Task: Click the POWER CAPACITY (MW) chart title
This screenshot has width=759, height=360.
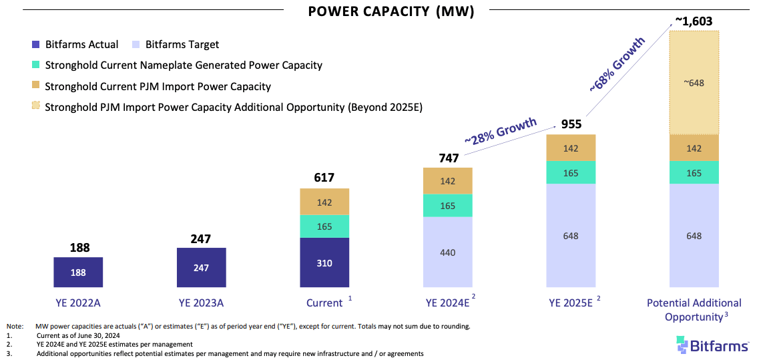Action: pos(391,12)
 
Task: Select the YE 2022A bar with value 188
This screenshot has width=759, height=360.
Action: pos(77,273)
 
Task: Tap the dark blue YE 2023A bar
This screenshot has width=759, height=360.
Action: pos(201,268)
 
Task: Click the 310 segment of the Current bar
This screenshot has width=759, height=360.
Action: pos(324,262)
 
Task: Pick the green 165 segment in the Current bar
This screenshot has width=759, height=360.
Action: pos(324,226)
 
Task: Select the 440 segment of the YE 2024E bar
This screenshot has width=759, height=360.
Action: pos(448,252)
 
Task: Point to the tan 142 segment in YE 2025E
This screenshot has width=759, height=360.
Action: pos(571,148)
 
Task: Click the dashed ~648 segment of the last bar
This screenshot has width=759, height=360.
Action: pos(694,83)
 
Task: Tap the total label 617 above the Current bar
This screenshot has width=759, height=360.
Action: pos(324,178)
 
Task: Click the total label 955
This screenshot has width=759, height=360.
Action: pos(571,124)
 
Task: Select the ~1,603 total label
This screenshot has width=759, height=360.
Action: pos(694,21)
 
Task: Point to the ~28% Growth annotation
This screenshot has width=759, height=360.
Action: pos(501,130)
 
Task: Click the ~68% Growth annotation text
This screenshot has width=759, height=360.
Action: pos(617,63)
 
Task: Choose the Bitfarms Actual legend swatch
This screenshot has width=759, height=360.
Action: pos(35,45)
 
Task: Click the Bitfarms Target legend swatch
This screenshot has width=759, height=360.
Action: pos(136,45)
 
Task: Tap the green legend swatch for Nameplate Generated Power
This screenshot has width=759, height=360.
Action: pos(35,65)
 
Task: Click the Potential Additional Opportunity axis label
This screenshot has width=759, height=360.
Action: pos(694,310)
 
